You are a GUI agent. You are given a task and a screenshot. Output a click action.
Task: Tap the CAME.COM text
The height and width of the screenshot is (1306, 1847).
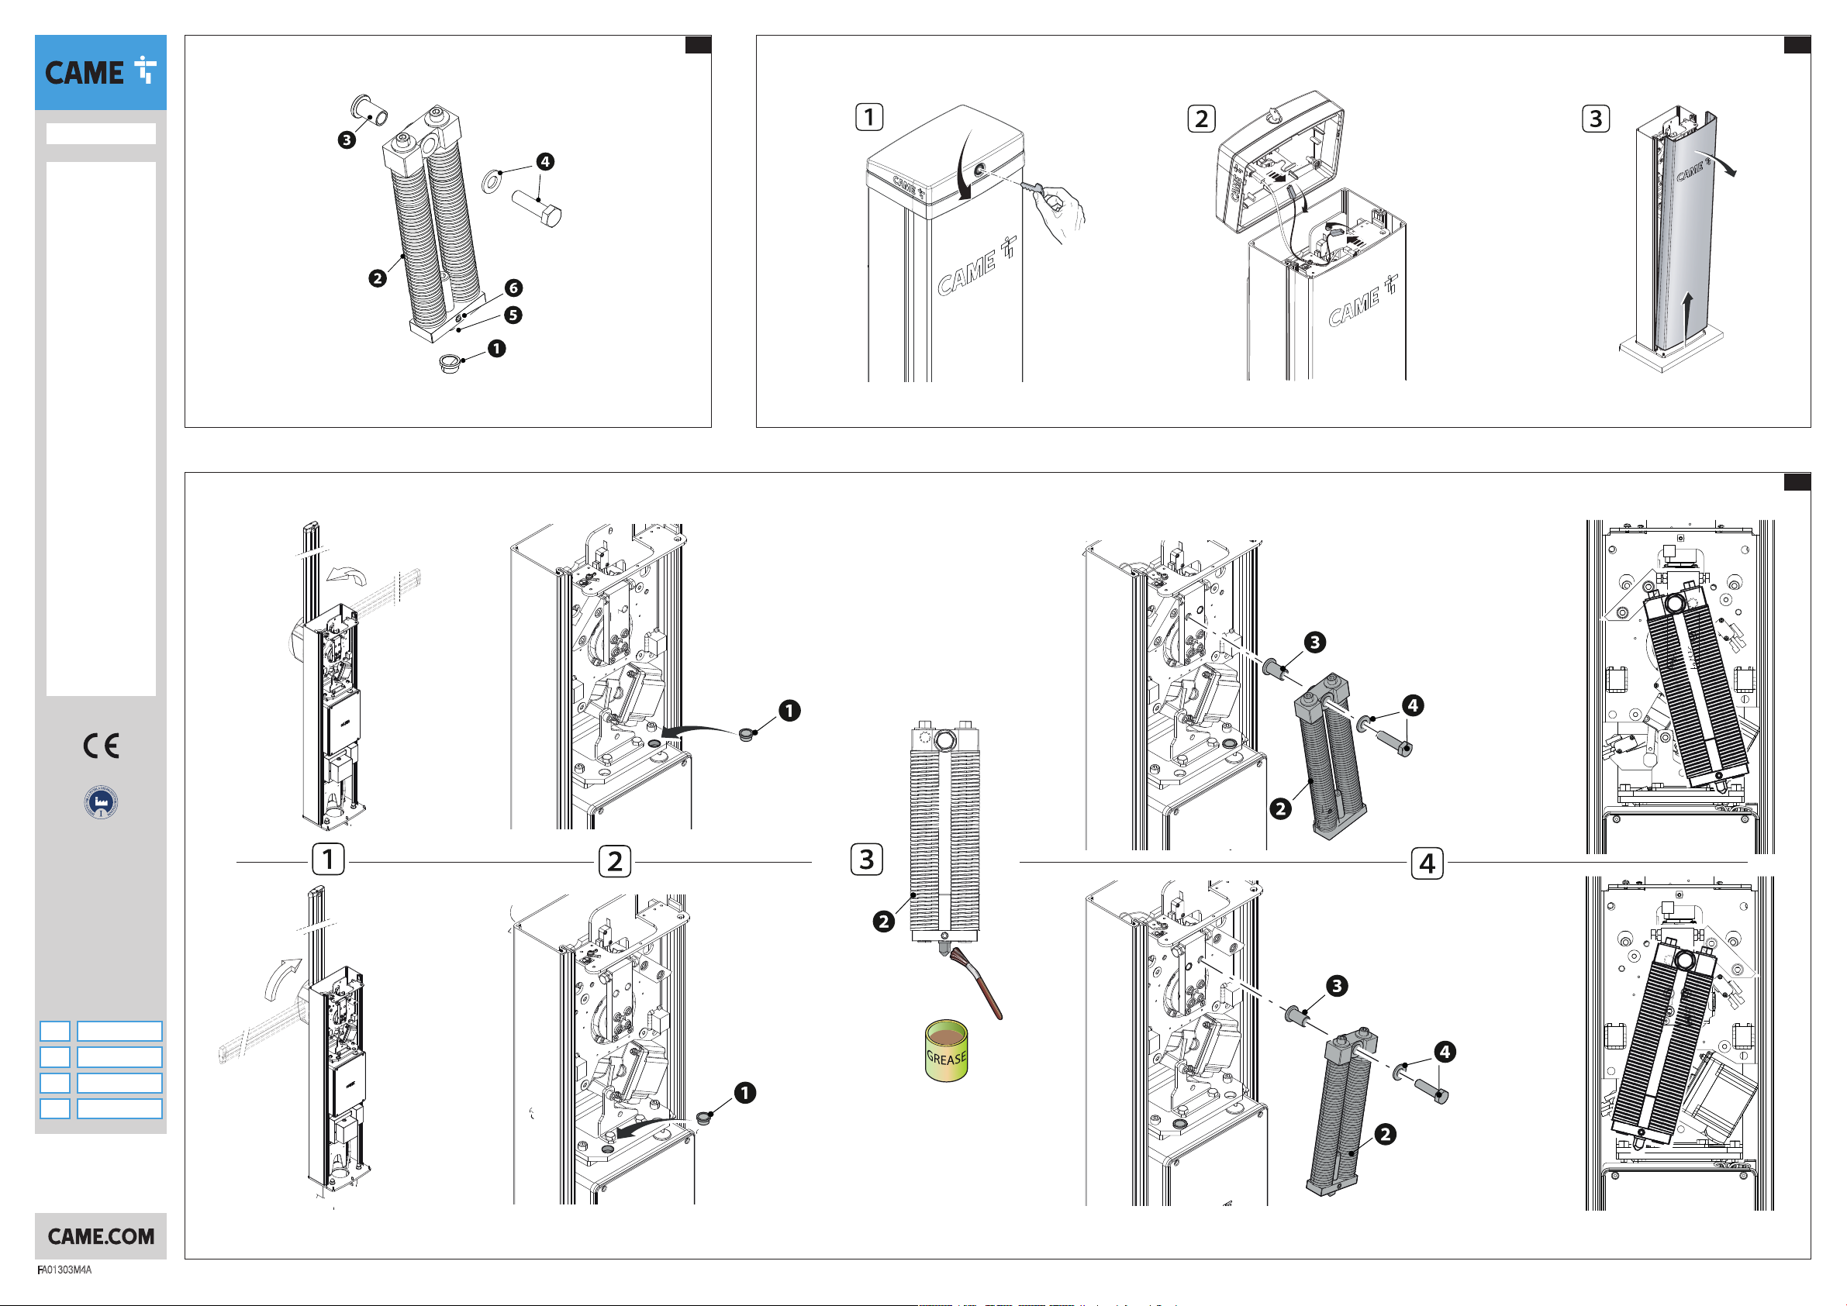tap(101, 1236)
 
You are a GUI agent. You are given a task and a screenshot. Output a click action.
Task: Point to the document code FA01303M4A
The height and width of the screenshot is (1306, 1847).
tap(64, 1270)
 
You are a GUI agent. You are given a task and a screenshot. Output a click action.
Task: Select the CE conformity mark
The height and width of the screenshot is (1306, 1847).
tap(102, 746)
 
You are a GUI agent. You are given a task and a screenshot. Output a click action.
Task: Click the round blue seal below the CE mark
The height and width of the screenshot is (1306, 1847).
tap(102, 801)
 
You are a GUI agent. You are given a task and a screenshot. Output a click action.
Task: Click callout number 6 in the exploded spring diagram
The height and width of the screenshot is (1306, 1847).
tap(513, 288)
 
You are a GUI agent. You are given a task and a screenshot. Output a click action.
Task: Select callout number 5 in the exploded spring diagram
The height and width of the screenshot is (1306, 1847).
tap(513, 315)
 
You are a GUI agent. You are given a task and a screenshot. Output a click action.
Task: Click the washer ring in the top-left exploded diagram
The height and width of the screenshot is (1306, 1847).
tap(492, 181)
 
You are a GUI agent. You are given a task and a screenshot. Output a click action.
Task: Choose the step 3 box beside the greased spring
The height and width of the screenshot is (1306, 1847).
tap(866, 859)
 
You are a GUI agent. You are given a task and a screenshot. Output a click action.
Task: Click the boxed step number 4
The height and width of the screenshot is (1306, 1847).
tap(1427, 863)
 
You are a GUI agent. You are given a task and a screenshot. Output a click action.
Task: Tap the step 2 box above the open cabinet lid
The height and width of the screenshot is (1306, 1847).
tap(1201, 119)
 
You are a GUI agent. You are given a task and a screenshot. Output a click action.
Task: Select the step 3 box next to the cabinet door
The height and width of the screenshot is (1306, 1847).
tap(1596, 119)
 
